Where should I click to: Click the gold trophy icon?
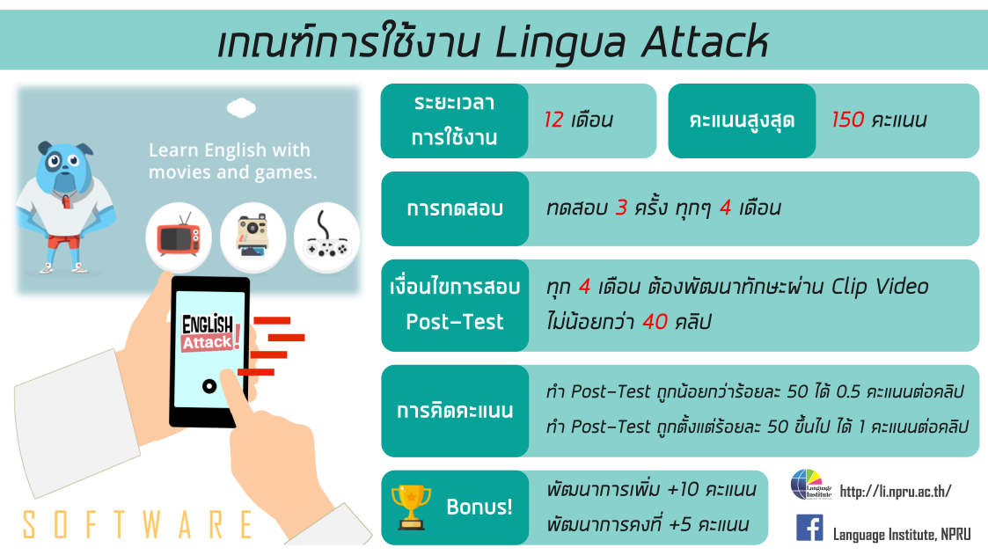(411, 507)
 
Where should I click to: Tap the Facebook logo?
(809, 528)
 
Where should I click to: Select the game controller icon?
(326, 237)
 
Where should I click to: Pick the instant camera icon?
(252, 236)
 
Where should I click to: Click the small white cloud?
(241, 107)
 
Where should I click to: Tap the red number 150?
(847, 120)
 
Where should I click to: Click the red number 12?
(553, 120)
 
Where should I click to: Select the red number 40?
(655, 322)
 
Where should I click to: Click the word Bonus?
(479, 508)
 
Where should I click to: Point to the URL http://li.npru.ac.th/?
(896, 492)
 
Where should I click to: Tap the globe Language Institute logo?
(811, 485)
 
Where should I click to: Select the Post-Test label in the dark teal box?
(454, 322)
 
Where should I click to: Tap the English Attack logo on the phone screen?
(209, 332)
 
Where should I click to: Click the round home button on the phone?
(209, 386)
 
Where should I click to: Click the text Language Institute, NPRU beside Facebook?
(902, 535)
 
